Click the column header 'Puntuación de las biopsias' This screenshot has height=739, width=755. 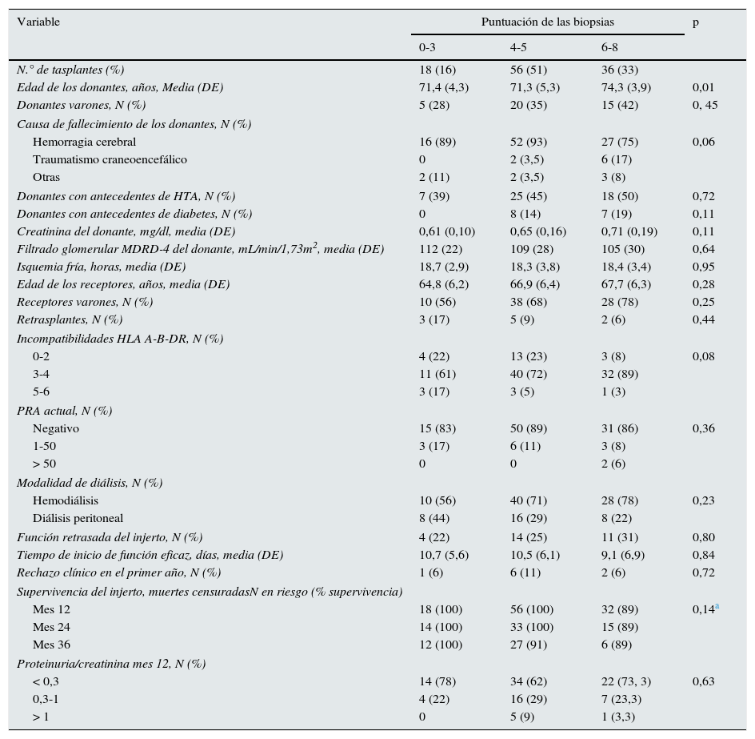click(547, 22)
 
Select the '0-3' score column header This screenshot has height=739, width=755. click(427, 47)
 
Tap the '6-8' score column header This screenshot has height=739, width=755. click(609, 47)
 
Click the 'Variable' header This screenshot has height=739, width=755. click(38, 22)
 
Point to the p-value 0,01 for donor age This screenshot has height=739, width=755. click(703, 87)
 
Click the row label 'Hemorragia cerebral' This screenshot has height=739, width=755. click(84, 142)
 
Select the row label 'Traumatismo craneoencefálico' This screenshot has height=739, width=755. click(110, 159)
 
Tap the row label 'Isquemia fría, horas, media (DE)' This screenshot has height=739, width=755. click(101, 267)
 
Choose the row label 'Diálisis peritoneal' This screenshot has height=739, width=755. click(78, 518)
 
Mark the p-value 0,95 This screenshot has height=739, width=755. click(703, 267)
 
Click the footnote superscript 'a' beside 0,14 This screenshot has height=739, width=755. click(717, 607)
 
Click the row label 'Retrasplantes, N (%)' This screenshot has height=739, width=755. click(70, 319)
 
